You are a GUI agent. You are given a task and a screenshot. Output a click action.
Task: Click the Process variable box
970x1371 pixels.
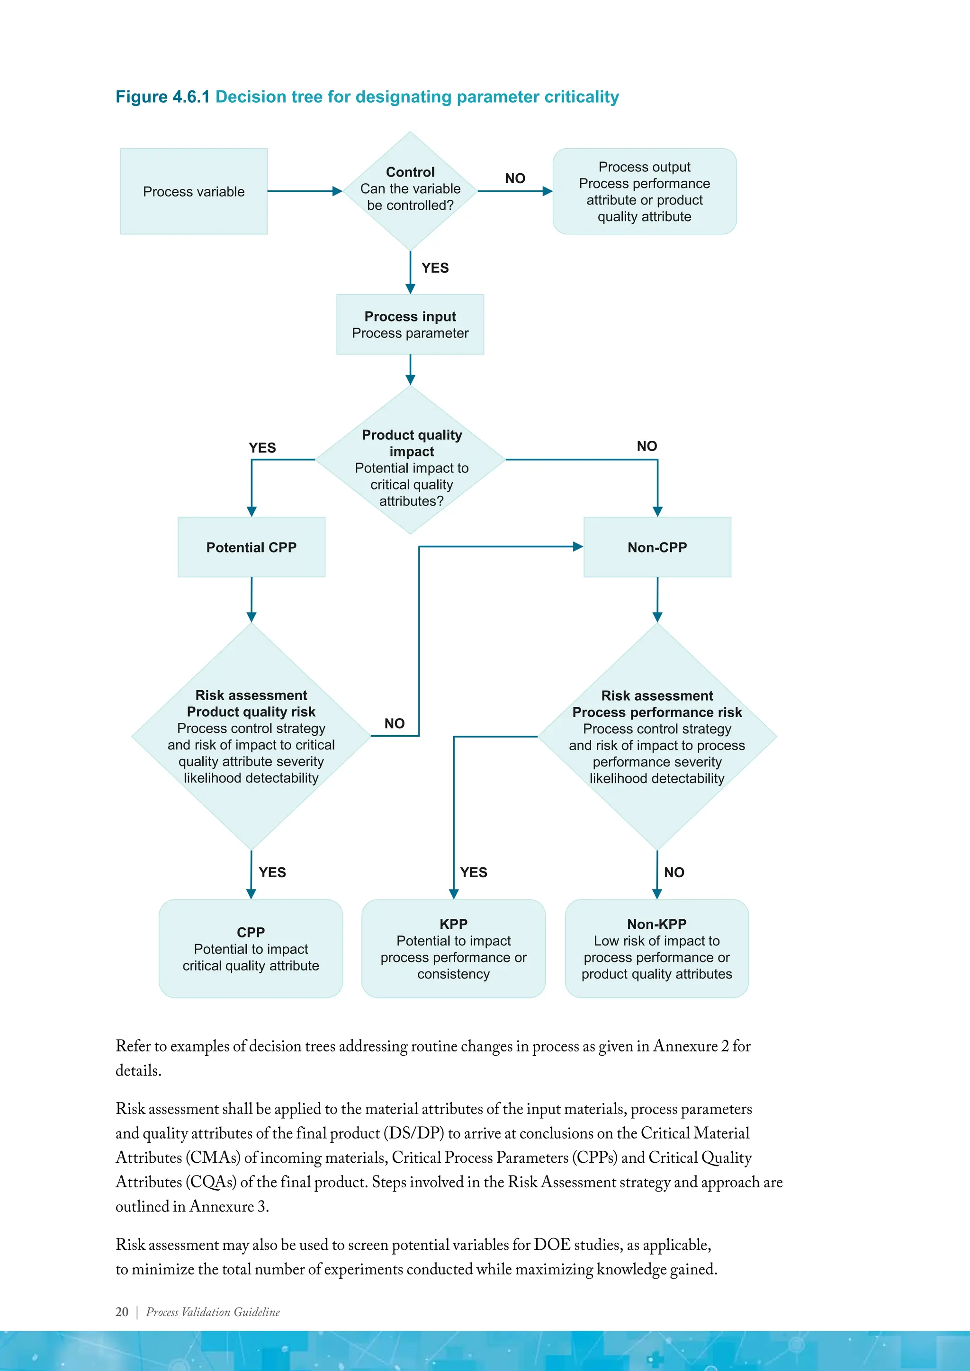194,191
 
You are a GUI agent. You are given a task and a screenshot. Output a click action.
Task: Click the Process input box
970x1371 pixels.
410,324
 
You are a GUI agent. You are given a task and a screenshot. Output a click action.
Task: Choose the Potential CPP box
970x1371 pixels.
251,547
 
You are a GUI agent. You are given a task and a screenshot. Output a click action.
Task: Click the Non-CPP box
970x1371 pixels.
657,547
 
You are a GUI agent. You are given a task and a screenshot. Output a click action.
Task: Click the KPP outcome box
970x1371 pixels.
453,948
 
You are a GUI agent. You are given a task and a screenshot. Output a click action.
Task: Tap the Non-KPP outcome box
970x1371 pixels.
656,948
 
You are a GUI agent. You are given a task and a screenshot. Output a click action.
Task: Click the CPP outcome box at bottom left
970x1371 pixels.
251,948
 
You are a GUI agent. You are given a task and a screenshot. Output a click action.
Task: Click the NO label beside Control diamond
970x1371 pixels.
515,178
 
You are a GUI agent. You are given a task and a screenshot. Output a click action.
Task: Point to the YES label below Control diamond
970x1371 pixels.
435,267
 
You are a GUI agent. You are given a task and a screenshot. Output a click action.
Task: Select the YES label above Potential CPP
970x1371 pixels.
262,447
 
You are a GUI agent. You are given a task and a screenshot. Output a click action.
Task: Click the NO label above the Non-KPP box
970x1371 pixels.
674,872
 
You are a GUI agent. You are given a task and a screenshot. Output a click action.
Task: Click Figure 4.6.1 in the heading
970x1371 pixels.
162,97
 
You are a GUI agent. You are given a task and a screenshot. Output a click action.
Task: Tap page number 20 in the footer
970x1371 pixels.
122,1311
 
